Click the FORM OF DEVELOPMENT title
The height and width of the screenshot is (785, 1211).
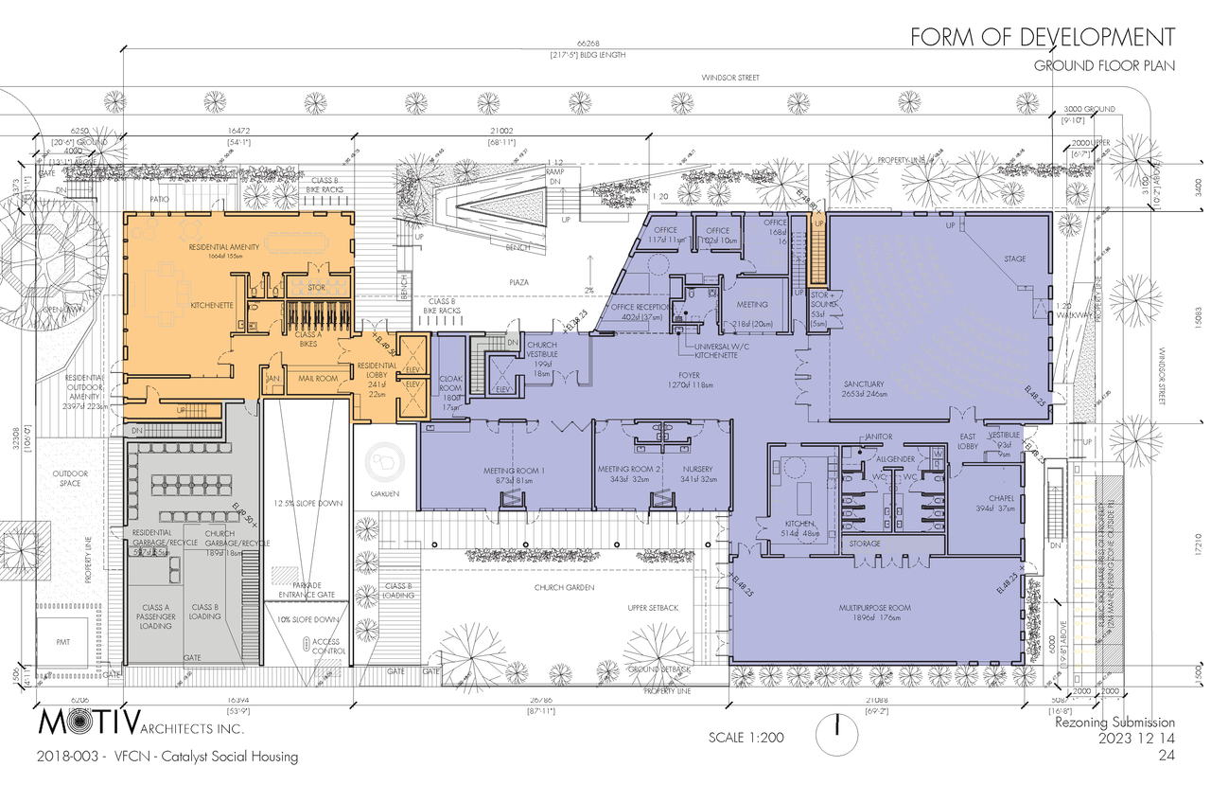point(1043,37)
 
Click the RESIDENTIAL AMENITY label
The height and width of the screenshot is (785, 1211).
point(224,248)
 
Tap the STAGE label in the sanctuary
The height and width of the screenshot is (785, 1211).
point(1014,259)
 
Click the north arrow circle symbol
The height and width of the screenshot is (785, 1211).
point(838,732)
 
